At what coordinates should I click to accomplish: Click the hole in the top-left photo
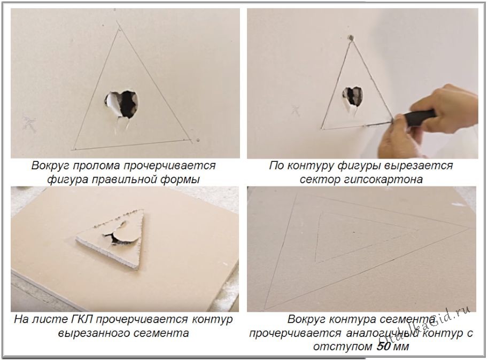tap(121, 104)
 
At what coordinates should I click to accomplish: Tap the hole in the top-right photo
tap(353, 96)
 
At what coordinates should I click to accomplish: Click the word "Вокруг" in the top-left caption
tap(50, 166)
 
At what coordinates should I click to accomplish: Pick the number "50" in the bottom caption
tap(383, 346)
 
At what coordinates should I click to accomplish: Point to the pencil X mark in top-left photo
tap(29, 123)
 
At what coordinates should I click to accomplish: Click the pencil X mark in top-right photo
tap(296, 111)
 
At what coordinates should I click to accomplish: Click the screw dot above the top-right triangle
tap(351, 37)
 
